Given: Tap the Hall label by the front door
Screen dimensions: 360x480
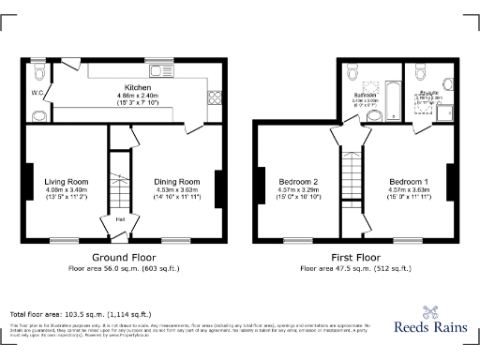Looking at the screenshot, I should tap(121, 220).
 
